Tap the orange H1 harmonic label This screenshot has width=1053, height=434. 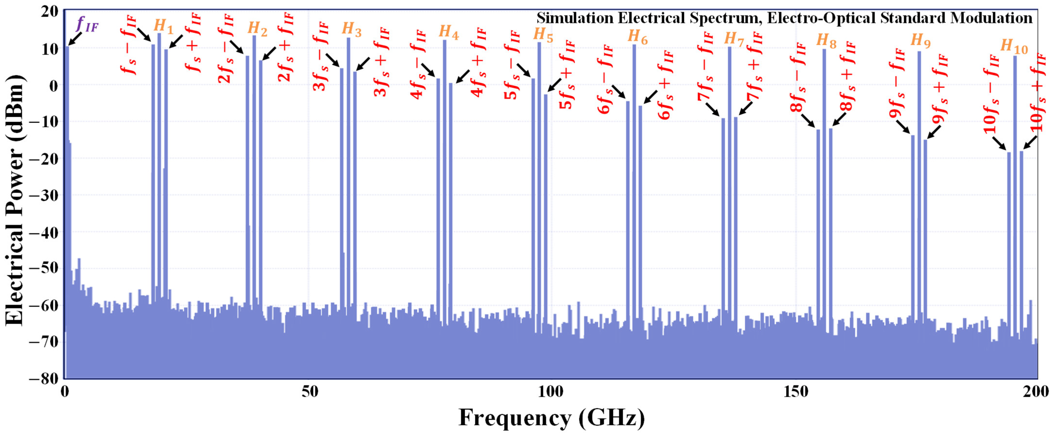tap(163, 27)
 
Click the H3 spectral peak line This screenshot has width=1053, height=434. tap(348, 164)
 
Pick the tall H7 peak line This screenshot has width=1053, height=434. tap(730, 164)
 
